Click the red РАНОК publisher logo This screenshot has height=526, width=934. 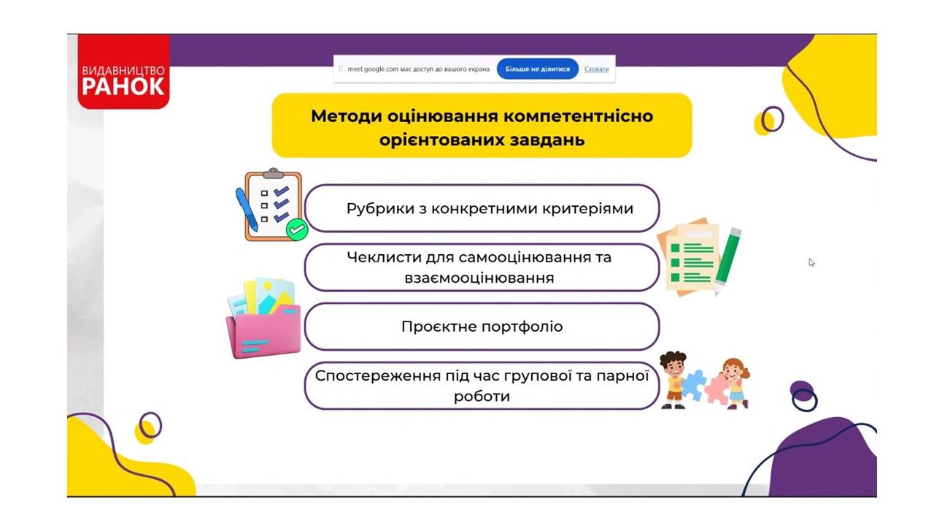click(x=123, y=72)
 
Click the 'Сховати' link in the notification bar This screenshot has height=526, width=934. click(x=596, y=69)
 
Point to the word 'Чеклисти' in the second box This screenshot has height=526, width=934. click(x=384, y=257)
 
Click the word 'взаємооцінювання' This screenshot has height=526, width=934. click(x=479, y=278)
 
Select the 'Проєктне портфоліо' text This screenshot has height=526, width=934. click(x=482, y=327)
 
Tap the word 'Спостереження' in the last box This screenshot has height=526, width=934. click(x=378, y=376)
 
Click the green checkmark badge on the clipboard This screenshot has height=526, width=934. click(x=297, y=229)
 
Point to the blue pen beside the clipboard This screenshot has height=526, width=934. click(x=247, y=210)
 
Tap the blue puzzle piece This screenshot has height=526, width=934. click(x=694, y=385)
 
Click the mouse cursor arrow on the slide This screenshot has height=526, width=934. click(x=811, y=262)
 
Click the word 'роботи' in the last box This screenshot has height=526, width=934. click(x=482, y=396)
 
